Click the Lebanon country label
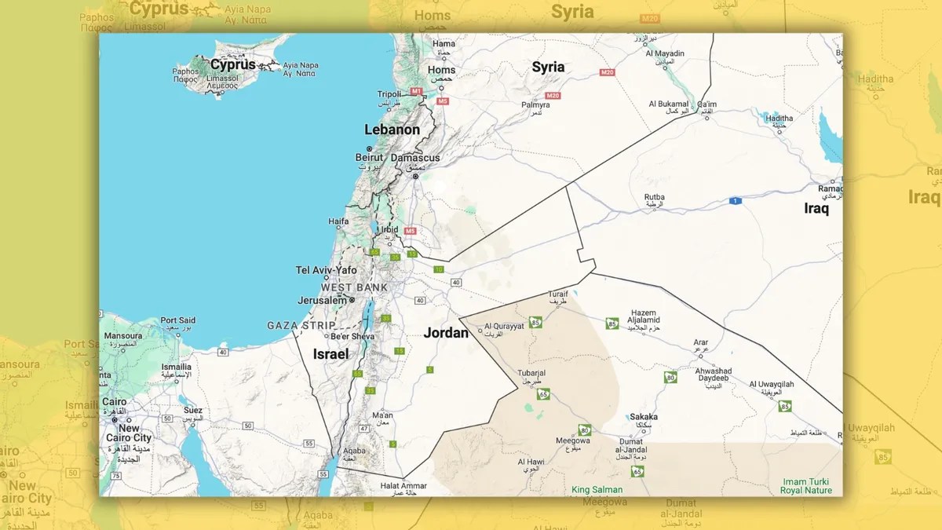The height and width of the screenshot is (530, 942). (392, 130)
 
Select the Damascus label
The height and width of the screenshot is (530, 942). (415, 158)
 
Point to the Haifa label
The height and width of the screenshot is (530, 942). (338, 222)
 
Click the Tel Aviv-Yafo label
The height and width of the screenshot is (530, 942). (326, 270)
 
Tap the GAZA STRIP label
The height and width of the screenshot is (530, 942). (301, 325)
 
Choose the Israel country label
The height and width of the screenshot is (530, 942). (330, 354)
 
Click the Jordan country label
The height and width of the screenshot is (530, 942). (446, 333)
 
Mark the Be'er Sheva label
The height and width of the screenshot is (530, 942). (352, 337)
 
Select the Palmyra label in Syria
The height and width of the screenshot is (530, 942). (535, 104)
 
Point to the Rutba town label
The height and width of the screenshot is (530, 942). (655, 197)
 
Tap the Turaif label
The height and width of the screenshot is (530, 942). (558, 294)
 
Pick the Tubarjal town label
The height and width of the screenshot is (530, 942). (531, 373)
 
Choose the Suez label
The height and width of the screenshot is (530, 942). (192, 410)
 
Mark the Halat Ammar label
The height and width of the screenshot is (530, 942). (403, 486)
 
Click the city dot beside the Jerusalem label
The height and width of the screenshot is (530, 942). (352, 300)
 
